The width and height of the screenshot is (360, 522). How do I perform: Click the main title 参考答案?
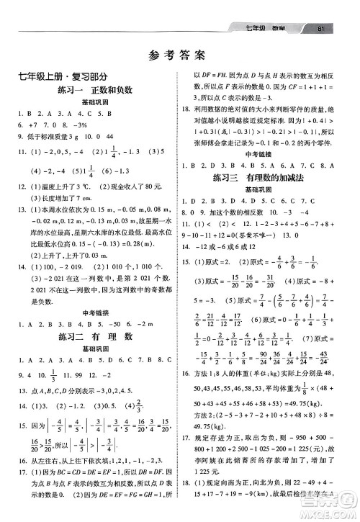tap(179, 54)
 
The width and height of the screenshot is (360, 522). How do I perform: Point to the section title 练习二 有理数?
tap(91, 336)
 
